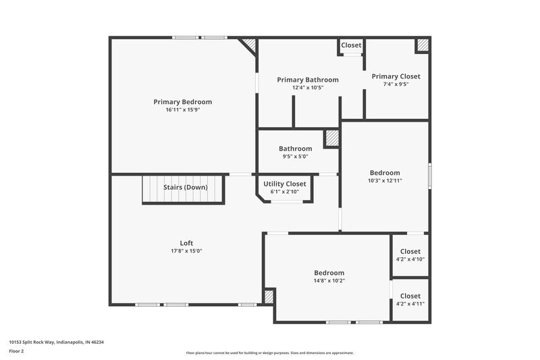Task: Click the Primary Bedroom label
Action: pos(182,102)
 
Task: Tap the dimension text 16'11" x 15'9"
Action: pos(182,109)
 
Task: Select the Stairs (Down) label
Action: pos(185,187)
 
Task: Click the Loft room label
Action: pos(186,243)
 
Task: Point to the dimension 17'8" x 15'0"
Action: pos(186,251)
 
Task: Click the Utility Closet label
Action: pos(284,184)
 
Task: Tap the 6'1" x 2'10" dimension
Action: pos(284,191)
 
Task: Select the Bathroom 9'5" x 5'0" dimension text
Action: pos(295,156)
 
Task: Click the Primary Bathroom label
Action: pos(308,80)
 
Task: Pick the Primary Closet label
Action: pos(396,76)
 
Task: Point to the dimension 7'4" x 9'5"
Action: pos(396,84)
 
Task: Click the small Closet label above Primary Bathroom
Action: pos(351,45)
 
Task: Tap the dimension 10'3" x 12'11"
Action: pos(384,180)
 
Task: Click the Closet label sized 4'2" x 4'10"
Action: pos(410,251)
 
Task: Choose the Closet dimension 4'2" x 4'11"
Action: pos(410,303)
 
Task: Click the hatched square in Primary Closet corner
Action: pos(422,45)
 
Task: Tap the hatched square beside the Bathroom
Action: pos(331,138)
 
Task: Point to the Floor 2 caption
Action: pos(17,352)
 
